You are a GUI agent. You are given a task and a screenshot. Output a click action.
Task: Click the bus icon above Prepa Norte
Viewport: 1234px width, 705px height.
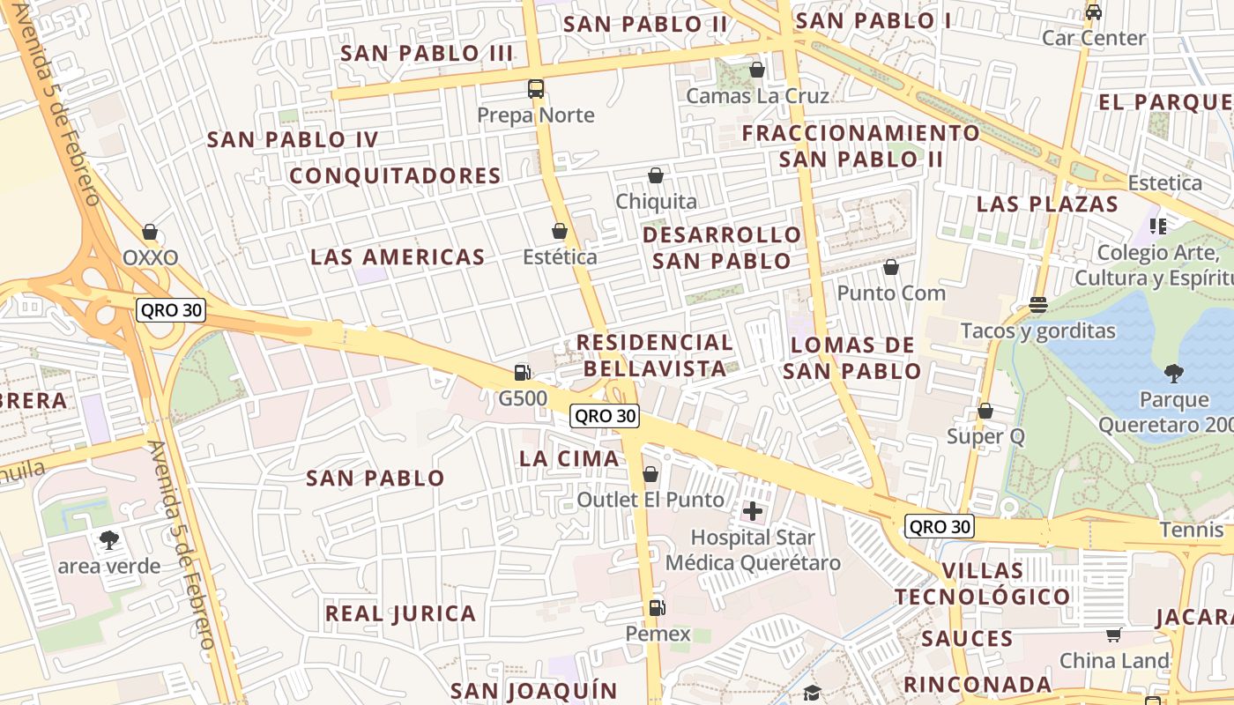[535, 88]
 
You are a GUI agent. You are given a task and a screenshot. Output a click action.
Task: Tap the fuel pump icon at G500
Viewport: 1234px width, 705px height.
[523, 373]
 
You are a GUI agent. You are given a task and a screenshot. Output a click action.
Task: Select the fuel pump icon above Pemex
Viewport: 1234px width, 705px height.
[657, 607]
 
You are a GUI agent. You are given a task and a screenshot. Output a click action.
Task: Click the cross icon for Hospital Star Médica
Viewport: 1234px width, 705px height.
[753, 510]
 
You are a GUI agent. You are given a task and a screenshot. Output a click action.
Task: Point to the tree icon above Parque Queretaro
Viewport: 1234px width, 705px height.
[1173, 373]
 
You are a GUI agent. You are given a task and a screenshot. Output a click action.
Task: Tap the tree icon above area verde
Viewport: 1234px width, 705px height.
[109, 539]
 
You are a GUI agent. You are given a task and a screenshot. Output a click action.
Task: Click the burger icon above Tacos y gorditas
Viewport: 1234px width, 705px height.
[1037, 305]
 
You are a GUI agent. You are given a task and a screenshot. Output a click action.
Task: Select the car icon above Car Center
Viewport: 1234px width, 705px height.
[1094, 12]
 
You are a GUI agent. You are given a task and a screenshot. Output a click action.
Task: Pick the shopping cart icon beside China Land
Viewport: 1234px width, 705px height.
[1114, 634]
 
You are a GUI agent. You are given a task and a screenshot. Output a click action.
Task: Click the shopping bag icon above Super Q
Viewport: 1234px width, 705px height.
[985, 411]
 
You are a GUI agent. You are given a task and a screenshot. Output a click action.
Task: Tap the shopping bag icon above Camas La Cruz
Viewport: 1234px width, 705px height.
[756, 69]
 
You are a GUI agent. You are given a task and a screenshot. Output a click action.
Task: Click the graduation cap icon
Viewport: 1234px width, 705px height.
[812, 693]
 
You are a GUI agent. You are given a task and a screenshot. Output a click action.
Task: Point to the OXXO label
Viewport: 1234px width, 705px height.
[150, 258]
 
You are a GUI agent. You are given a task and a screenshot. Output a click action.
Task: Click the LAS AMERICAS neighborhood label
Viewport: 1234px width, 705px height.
[398, 257]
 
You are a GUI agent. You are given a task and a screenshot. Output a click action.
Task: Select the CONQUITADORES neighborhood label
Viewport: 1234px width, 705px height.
[396, 176]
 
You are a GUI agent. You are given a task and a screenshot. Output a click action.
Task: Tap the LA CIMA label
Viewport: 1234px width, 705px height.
[569, 458]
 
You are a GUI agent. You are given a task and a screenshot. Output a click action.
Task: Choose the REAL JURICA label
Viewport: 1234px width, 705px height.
[400, 613]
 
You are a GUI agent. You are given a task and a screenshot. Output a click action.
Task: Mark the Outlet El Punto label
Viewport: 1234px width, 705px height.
[650, 500]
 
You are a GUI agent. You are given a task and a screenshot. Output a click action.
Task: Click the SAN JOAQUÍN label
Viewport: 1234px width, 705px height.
[534, 690]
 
